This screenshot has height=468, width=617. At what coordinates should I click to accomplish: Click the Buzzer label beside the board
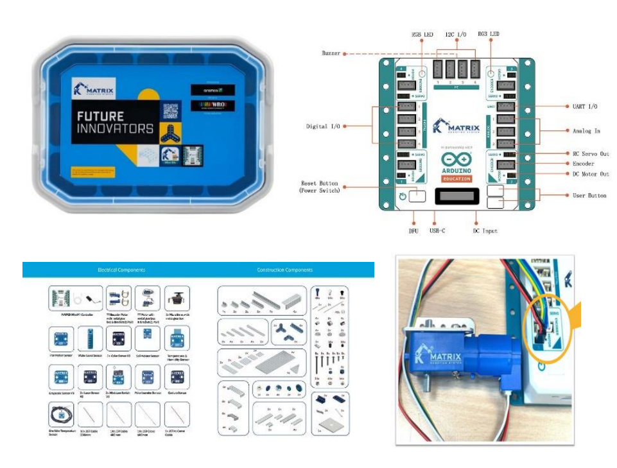pos(331,53)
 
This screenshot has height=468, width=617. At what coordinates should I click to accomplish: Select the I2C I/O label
pos(456,34)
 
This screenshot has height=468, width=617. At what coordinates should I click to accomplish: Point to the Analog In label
pos(586,130)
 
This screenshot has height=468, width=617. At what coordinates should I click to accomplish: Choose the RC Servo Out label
pos(590,153)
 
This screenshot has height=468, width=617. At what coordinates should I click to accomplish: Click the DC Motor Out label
pos(590,174)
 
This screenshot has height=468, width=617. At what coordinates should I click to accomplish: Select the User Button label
pos(589,195)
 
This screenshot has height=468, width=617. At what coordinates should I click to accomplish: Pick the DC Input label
pos(485,230)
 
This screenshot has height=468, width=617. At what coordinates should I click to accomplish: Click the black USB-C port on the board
pos(457,196)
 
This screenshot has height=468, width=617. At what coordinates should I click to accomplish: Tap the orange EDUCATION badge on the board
pos(456,179)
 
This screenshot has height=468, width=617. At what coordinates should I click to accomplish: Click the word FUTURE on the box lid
pos(100,117)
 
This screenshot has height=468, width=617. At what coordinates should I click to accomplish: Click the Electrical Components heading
pos(121,270)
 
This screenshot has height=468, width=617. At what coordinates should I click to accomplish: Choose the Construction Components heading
pos(284,270)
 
